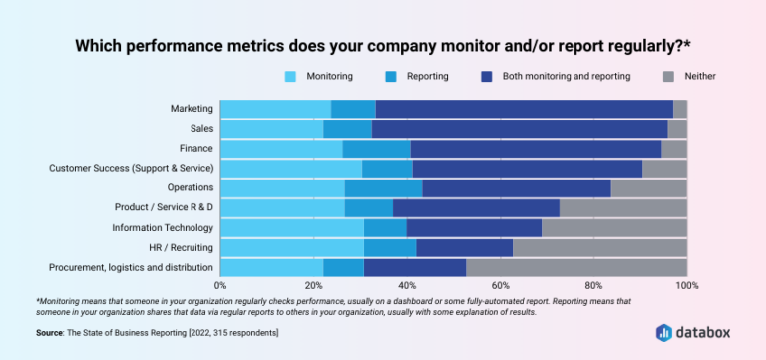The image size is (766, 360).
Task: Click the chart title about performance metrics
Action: pos(383,45)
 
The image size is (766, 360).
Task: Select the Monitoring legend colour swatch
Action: pos(291,76)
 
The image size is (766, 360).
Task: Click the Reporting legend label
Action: pos(427,76)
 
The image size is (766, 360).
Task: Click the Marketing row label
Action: pos(191,109)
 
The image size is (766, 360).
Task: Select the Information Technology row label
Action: pos(162,227)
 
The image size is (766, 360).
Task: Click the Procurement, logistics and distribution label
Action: pos(131,267)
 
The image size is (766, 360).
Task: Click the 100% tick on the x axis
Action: pos(686,286)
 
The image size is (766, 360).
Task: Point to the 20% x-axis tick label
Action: pos(313,286)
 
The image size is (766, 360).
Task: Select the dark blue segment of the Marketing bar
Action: pos(524,109)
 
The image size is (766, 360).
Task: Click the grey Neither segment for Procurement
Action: pos(576,267)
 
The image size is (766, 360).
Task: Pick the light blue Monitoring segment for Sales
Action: pos(271,129)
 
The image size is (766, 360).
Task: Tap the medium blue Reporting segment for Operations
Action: pos(383,187)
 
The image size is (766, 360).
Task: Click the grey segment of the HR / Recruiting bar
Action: pos(599,247)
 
